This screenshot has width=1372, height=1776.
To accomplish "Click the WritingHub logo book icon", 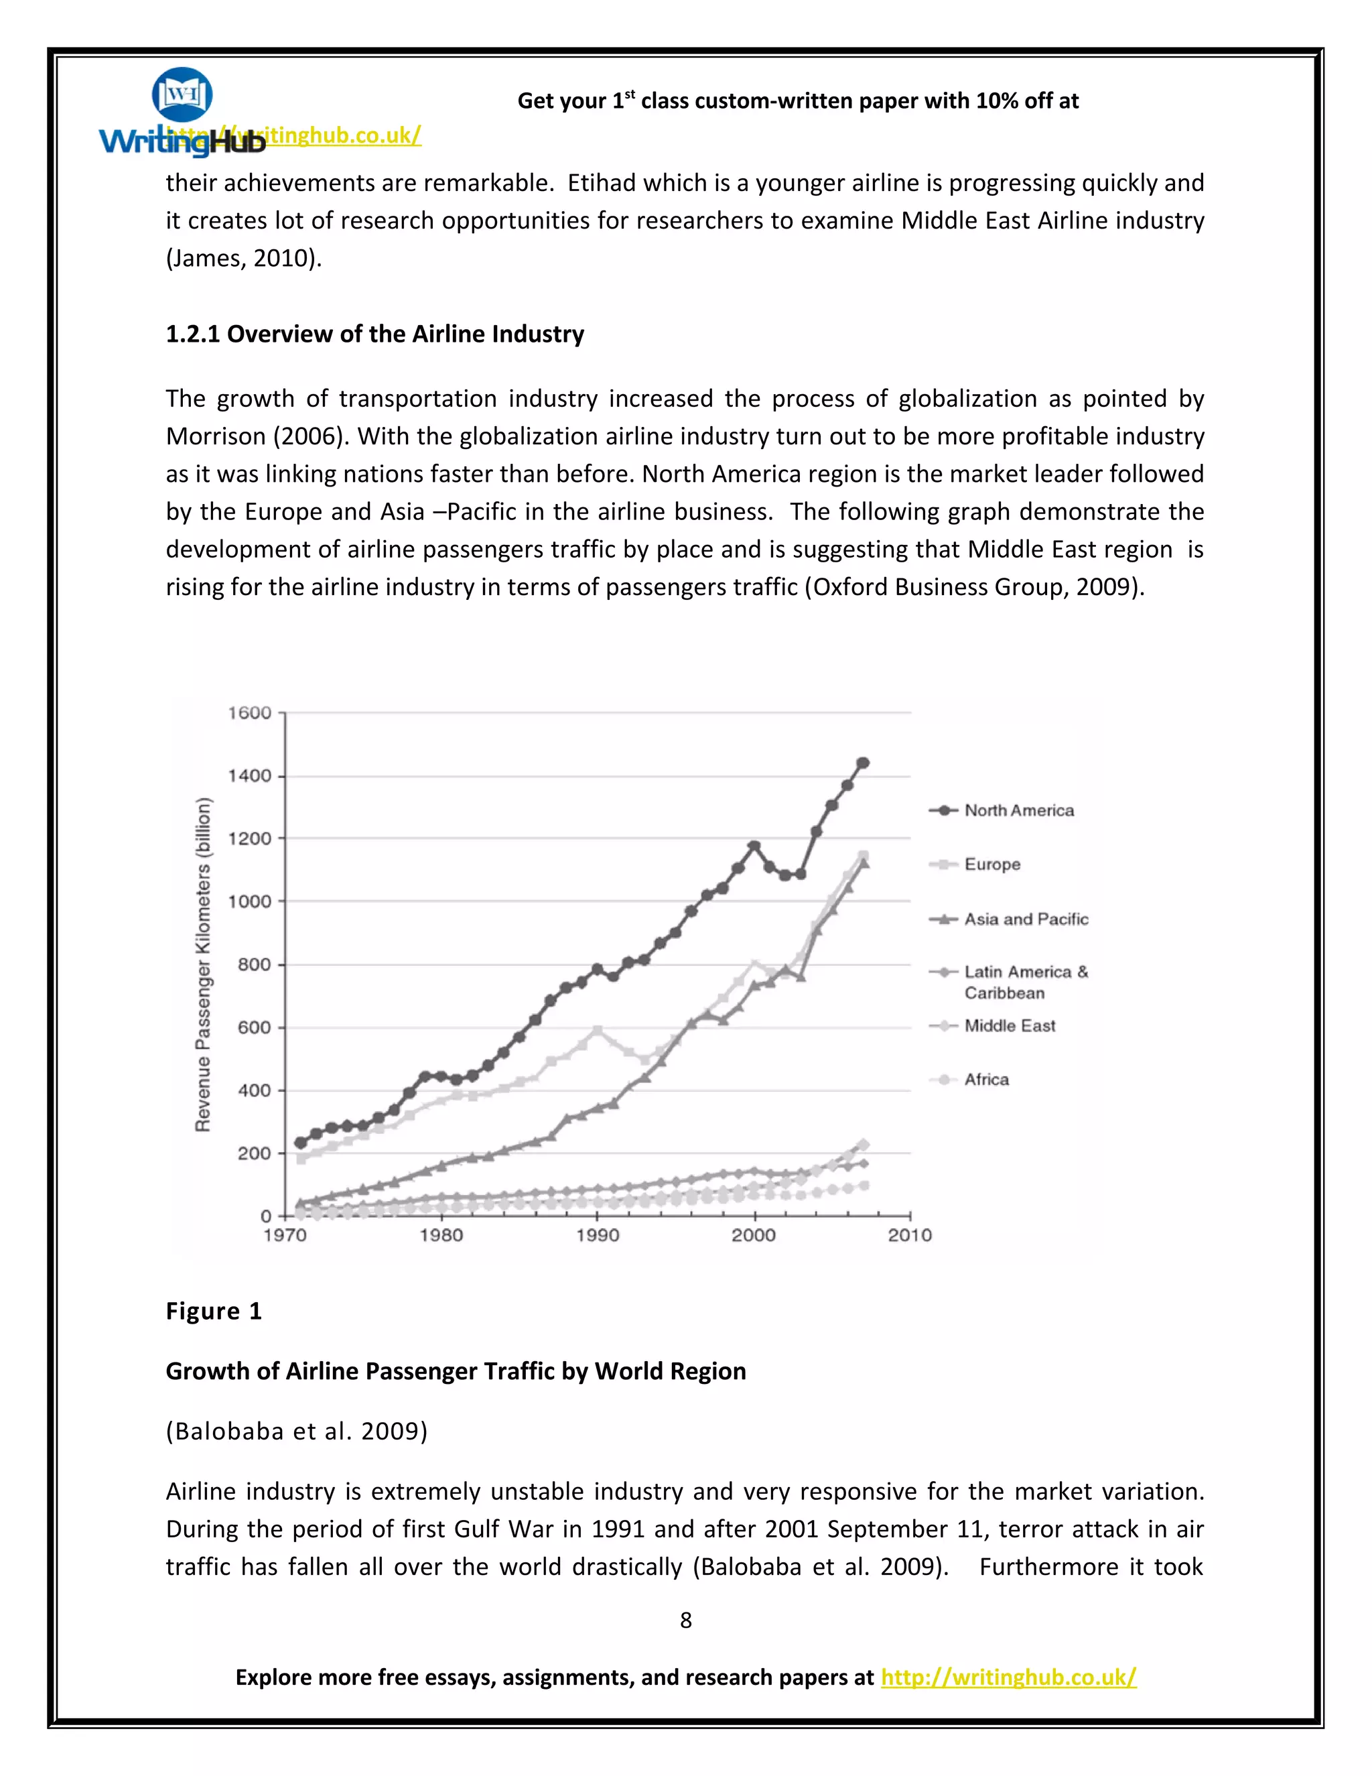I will [x=182, y=94].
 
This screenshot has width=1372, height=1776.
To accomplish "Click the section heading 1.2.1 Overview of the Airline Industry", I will [x=374, y=334].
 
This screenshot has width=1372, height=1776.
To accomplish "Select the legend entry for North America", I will [x=1018, y=811].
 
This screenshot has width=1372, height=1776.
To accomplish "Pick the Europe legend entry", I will [x=991, y=865].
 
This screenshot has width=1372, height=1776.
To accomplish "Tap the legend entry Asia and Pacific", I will [x=1026, y=919].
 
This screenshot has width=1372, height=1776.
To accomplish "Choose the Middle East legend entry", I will [x=1010, y=1026].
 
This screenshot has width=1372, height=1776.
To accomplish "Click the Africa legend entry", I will [x=986, y=1080].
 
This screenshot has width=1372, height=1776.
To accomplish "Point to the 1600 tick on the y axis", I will [x=249, y=713].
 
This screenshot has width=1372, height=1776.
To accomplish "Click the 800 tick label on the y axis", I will [x=255, y=964].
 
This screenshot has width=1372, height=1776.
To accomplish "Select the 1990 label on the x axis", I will [x=598, y=1236].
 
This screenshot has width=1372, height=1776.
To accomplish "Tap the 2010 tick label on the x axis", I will [x=910, y=1236].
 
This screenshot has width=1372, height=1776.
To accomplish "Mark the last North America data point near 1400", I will [x=863, y=763].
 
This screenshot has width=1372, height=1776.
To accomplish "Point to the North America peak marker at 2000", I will [x=754, y=846].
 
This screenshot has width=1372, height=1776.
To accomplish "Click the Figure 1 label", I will [x=214, y=1312].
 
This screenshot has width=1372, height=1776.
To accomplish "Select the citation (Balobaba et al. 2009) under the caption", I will [x=297, y=1432].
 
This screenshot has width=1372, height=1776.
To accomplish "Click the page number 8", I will [x=685, y=1621].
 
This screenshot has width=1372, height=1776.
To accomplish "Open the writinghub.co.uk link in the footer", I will [x=1008, y=1677].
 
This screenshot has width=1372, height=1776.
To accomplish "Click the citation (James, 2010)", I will [x=244, y=259].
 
